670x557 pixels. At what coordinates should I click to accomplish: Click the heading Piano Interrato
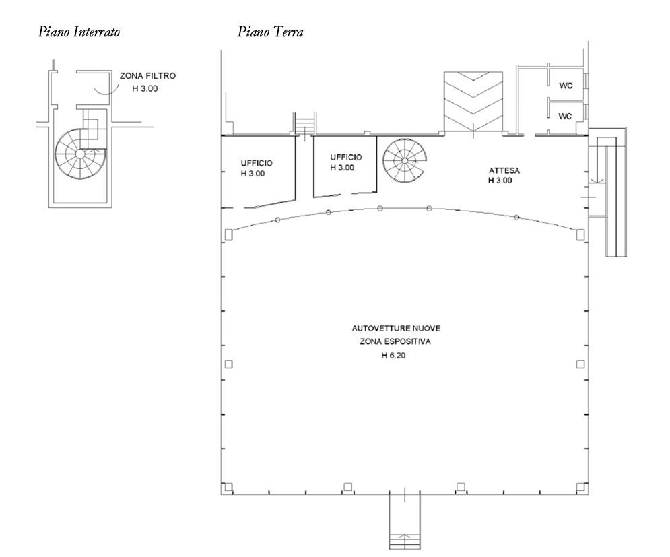click(79, 32)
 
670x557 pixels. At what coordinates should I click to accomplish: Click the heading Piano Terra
click(271, 32)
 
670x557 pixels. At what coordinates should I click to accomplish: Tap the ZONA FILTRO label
click(147, 76)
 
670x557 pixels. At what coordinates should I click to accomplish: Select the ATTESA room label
click(504, 170)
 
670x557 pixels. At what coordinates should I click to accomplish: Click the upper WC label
click(566, 86)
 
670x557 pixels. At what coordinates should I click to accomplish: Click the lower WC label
click(566, 117)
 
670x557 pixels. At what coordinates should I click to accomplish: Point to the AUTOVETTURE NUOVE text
click(396, 329)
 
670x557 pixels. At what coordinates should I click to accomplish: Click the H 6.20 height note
click(393, 355)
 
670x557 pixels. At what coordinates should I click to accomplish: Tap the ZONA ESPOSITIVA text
click(395, 342)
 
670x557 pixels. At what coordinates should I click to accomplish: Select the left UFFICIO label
click(257, 163)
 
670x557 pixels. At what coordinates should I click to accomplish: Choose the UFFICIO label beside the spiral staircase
click(345, 158)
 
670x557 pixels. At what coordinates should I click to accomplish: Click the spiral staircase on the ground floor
click(404, 161)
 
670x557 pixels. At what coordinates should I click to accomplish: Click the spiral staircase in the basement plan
click(80, 154)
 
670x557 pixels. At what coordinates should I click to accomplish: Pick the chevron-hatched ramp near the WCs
click(473, 102)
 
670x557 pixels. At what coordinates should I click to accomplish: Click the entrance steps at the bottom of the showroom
click(405, 521)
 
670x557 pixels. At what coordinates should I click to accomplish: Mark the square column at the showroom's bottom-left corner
click(228, 487)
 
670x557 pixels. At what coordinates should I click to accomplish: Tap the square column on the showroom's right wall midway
click(580, 364)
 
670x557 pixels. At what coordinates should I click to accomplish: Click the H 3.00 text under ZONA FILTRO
click(145, 89)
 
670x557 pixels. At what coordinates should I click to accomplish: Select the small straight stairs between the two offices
click(304, 125)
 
